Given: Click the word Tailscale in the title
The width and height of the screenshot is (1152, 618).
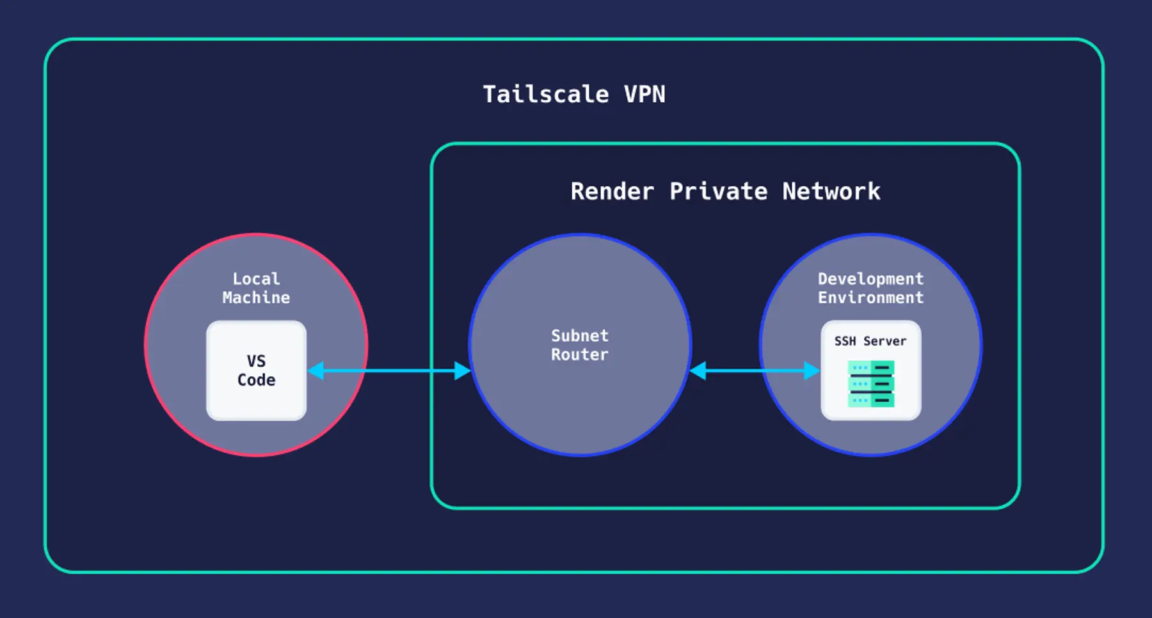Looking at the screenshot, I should pyautogui.click(x=545, y=95).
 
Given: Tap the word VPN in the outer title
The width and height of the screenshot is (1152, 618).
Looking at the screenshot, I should pyautogui.click(x=644, y=95).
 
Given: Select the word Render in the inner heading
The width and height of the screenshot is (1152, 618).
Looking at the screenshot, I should pyautogui.click(x=612, y=191).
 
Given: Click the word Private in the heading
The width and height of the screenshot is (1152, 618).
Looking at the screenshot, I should pyautogui.click(x=718, y=191).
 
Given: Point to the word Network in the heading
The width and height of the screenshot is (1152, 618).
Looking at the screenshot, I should pyautogui.click(x=831, y=191).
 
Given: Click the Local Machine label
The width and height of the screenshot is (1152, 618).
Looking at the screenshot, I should pyautogui.click(x=256, y=288).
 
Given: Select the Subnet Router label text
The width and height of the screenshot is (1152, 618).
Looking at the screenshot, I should pyautogui.click(x=580, y=345).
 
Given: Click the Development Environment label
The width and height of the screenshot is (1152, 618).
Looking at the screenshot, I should pyautogui.click(x=870, y=288).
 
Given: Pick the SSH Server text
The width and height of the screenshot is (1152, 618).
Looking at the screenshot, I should pyautogui.click(x=870, y=341).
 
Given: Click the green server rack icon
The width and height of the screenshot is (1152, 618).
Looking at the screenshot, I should pyautogui.click(x=870, y=384).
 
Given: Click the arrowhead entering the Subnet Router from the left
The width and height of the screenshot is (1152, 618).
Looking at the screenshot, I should pyautogui.click(x=462, y=370).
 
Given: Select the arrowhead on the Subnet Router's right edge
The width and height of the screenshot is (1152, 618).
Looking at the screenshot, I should pyautogui.click(x=698, y=370).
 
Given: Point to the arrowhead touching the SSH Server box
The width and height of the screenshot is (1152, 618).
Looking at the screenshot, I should pyautogui.click(x=812, y=370).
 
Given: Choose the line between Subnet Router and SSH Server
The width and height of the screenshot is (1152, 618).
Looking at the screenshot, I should pyautogui.click(x=755, y=370).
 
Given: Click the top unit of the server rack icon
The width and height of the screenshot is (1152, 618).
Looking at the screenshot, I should pyautogui.click(x=870, y=368).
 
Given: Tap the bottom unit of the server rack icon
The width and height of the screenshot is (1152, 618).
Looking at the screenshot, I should pyautogui.click(x=870, y=400).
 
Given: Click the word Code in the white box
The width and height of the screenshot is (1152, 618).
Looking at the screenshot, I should pyautogui.click(x=256, y=380).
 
